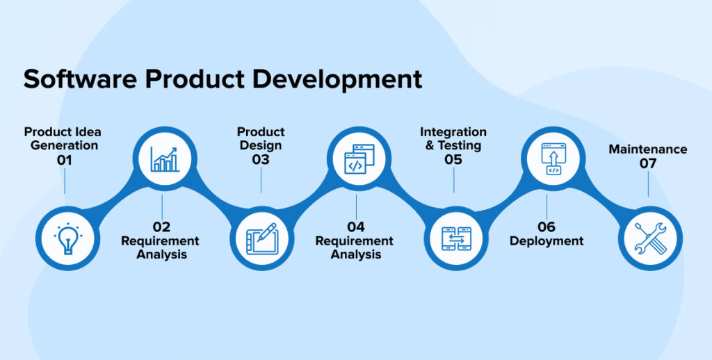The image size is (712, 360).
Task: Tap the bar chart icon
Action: click(165, 158)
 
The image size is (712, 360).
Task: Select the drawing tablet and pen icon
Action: click(261, 238)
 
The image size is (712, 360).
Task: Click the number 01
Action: click(65, 160)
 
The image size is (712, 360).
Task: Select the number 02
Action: click(161, 227)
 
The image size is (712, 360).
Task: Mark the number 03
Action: click(261, 160)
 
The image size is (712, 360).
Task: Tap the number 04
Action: click(355, 227)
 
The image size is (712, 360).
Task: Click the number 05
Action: click(453, 160)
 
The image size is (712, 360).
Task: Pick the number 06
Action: click(547, 227)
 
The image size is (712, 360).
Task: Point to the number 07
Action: click(648, 163)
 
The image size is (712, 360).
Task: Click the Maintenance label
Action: click(648, 149)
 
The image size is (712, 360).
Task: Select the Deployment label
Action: click(547, 241)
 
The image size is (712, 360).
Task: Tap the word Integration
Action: click(453, 132)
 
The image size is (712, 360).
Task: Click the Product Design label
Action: click(261, 138)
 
